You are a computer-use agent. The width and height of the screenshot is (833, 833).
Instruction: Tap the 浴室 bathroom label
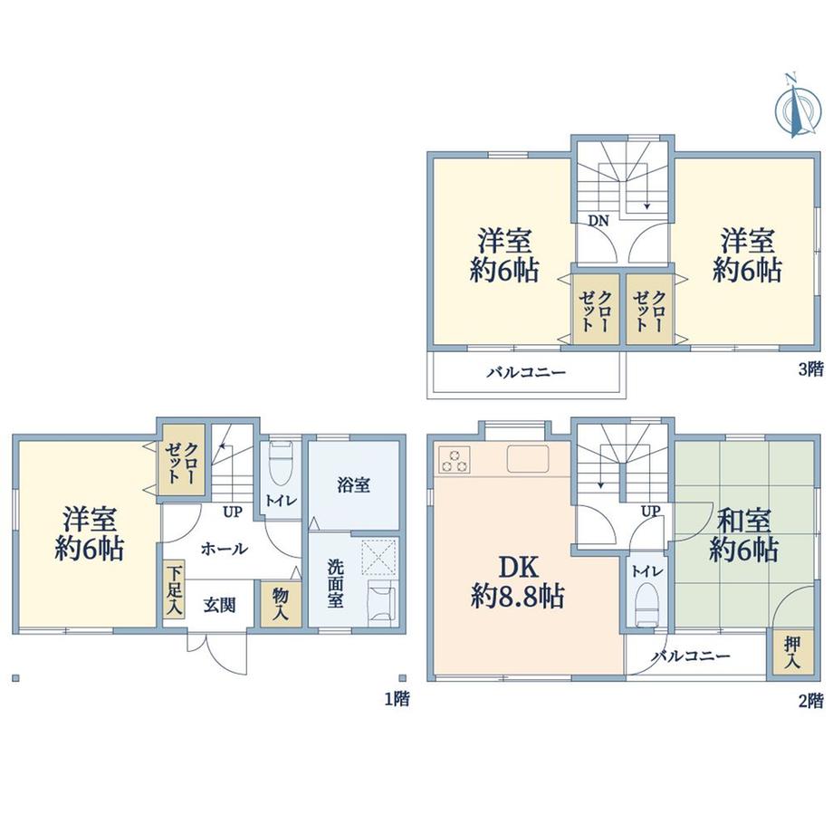click(353, 484)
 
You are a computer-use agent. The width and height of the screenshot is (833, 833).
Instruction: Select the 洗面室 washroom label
click(335, 583)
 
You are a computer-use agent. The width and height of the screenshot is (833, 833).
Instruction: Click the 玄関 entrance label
click(219, 605)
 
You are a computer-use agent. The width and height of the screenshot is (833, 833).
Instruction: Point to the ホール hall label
click(225, 549)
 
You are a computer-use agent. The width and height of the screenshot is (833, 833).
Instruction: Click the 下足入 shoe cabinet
click(174, 589)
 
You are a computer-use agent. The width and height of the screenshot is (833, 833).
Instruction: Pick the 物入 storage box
click(281, 604)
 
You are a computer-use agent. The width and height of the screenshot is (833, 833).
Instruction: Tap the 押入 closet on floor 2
click(792, 652)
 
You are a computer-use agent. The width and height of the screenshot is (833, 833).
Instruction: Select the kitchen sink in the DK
click(528, 458)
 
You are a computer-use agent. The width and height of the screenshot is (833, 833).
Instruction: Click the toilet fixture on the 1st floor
click(281, 464)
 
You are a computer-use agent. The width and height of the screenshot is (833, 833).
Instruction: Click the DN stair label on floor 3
click(598, 220)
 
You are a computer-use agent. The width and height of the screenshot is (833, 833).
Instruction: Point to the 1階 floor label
click(397, 698)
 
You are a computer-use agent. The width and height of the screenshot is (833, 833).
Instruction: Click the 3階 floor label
click(810, 369)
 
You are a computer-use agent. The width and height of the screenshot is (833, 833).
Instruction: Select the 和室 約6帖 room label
click(743, 535)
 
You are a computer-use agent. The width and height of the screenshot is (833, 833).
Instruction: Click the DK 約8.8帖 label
click(517, 581)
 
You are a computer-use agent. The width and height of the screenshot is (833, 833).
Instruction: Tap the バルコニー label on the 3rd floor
click(526, 372)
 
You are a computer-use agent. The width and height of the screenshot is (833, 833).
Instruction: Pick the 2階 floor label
click(810, 701)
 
